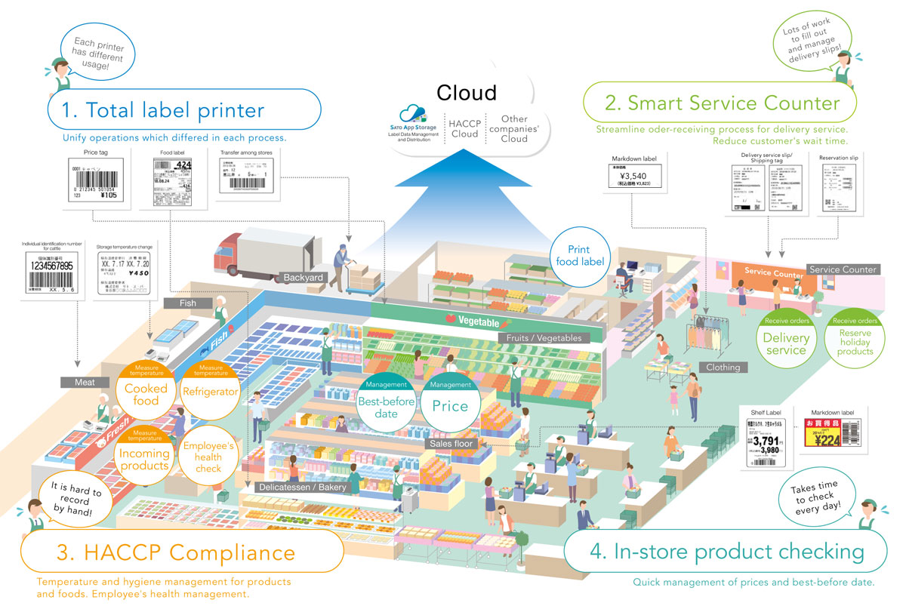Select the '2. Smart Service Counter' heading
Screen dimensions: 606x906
point(723,103)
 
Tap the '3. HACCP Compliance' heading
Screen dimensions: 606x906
point(175,552)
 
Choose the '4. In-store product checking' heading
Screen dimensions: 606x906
point(726,552)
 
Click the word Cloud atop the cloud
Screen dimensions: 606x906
point(467,93)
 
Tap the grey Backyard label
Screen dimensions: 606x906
point(304,278)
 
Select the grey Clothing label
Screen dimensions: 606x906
point(723,368)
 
